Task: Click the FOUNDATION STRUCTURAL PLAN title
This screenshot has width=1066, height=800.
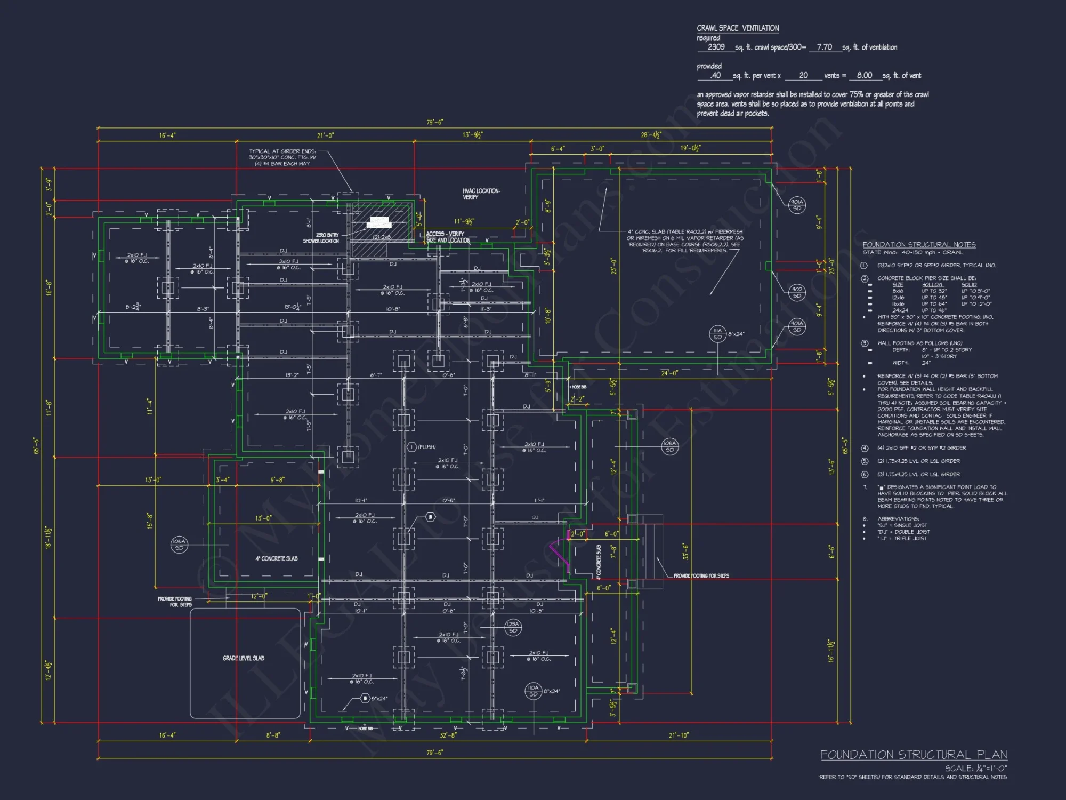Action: pos(914,755)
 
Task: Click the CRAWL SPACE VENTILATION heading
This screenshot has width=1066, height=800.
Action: pos(738,28)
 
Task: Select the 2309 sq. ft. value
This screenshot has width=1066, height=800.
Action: pos(716,47)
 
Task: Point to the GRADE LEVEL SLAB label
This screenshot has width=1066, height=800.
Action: pos(244,658)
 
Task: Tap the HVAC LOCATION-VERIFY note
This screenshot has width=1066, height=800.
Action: pos(481,194)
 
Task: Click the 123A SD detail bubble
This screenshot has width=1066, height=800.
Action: pos(513,627)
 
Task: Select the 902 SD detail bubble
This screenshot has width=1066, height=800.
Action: pos(797,292)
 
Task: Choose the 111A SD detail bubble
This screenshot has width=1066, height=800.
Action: pos(717,333)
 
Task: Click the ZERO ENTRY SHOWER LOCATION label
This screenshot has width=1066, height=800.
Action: pos(321,238)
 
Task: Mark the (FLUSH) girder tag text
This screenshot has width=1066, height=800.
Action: pos(427,447)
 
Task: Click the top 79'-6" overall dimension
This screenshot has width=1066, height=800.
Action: pos(434,122)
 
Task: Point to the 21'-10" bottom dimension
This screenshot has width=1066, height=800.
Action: pos(679,735)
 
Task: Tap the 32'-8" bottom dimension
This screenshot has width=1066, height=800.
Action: pos(448,735)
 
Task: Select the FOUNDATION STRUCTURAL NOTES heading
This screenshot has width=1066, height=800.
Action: pos(919,245)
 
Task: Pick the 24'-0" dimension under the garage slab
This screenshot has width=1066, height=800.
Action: pos(669,373)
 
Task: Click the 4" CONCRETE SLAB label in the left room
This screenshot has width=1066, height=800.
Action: pos(276,558)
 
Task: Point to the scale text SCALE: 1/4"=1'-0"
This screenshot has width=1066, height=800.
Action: pos(976,768)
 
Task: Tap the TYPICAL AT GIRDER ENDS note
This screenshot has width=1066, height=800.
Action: pos(282,157)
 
